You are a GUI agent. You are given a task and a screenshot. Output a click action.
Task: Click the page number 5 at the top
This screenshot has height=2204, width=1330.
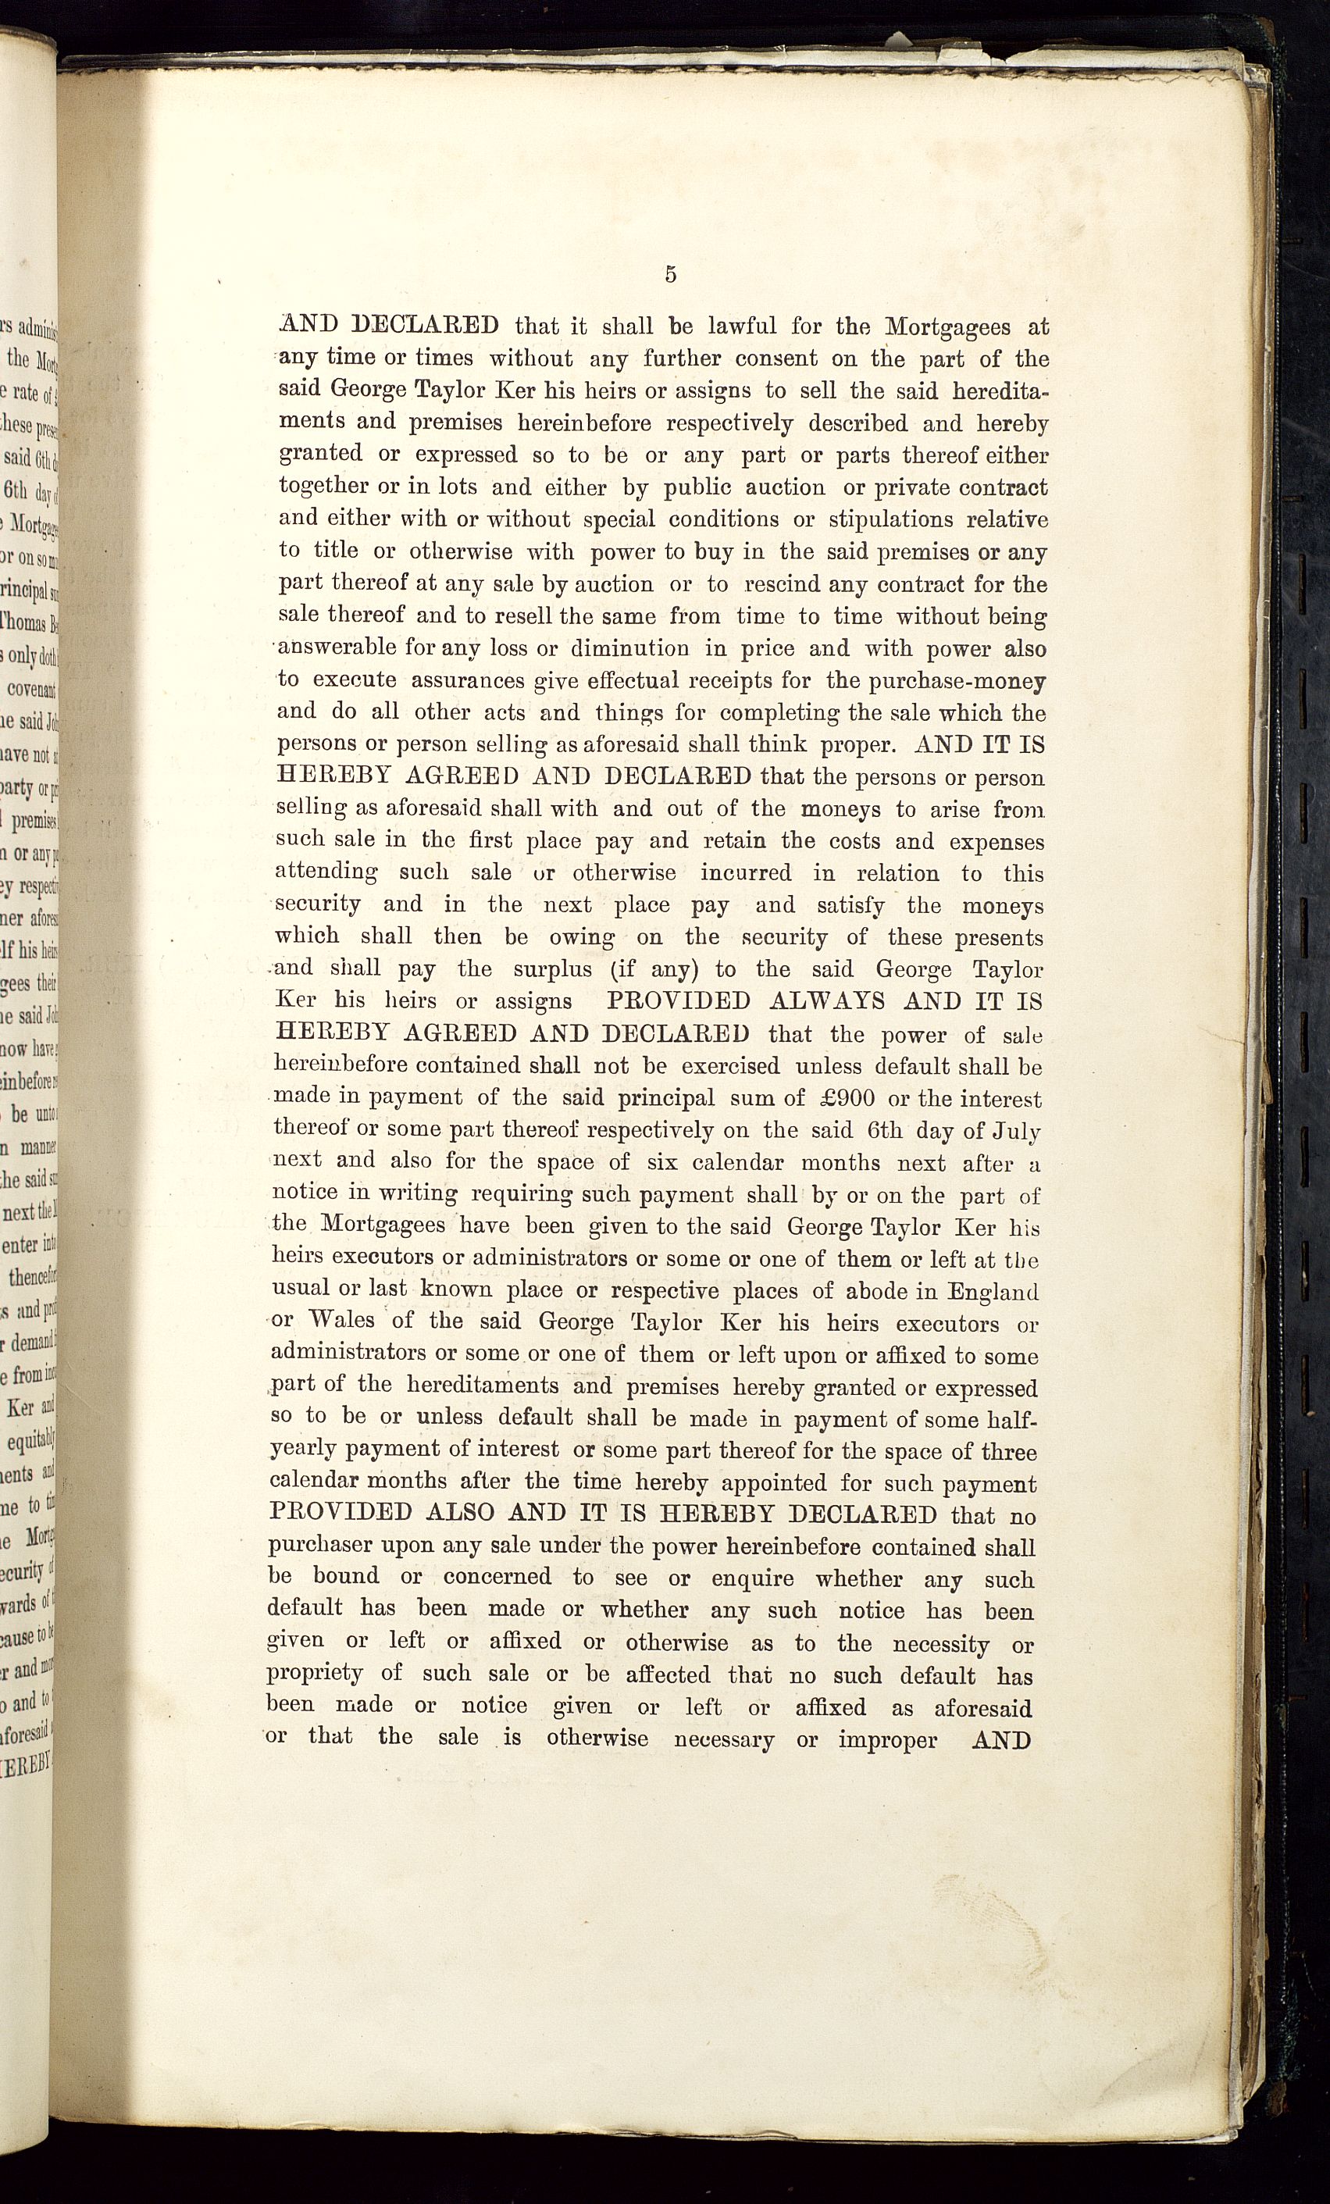point(671,275)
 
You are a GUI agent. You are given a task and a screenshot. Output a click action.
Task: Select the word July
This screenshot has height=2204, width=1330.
point(1017,1131)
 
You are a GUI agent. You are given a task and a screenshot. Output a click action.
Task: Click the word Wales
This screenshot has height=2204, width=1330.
point(339,1322)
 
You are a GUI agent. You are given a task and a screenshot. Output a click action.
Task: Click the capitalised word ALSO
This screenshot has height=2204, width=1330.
point(461,1514)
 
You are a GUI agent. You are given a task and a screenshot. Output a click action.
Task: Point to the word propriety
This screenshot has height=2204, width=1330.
point(314,1675)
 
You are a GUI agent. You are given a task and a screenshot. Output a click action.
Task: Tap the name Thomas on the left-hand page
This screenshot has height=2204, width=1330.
point(27,622)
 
